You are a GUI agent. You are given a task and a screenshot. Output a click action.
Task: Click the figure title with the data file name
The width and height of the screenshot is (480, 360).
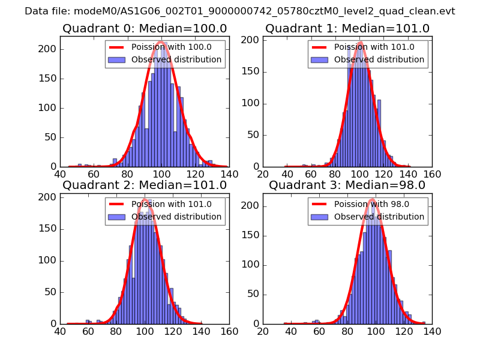pyautogui.click(x=240, y=11)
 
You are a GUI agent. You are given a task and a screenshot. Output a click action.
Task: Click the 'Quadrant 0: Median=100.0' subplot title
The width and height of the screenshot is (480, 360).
pyautogui.click(x=145, y=29)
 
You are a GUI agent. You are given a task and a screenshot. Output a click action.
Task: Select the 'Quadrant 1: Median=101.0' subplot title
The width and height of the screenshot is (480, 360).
pyautogui.click(x=347, y=29)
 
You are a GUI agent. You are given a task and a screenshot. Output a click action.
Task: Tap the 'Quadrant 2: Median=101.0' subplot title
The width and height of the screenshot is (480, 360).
pyautogui.click(x=145, y=185)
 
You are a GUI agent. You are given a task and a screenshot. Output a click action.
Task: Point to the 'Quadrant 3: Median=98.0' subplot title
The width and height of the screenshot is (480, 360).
pyautogui.click(x=347, y=185)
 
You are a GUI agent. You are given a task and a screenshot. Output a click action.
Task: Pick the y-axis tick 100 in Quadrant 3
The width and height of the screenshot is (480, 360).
pyautogui.click(x=253, y=265)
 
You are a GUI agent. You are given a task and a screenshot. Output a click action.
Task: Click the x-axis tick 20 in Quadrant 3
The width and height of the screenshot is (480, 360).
pyautogui.click(x=263, y=331)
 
